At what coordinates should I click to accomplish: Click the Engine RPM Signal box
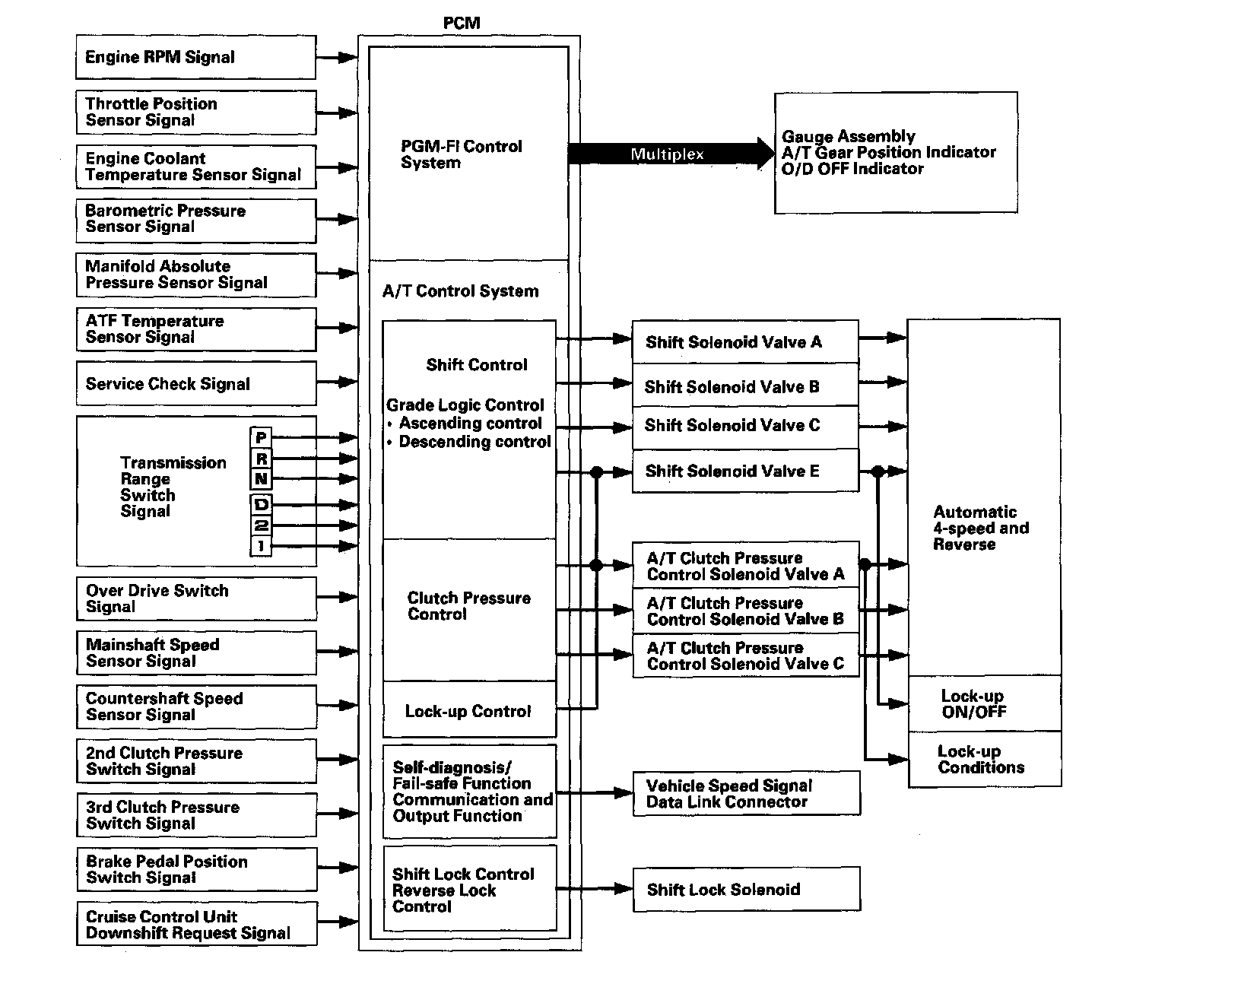coord(195,57)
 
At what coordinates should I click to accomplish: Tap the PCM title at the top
coord(462,23)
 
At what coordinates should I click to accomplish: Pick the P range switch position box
coord(261,437)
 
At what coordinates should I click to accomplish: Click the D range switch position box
coord(261,504)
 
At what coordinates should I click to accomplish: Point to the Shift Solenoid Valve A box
coord(745,342)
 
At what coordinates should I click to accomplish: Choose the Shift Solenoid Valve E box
coord(745,471)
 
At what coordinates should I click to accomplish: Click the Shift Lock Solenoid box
coord(746,890)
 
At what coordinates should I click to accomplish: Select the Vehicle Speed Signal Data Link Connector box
coord(746,794)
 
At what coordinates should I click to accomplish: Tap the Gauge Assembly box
coord(895,153)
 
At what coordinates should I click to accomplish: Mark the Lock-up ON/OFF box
coord(984,704)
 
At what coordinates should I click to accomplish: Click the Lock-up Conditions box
coord(984,760)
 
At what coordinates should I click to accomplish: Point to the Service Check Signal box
coord(195,384)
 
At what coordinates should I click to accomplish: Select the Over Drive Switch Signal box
coord(195,598)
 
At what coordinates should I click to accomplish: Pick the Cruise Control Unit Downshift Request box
coord(195,925)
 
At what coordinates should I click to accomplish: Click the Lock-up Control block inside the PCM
coord(468,711)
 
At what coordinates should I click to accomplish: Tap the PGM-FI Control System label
coord(462,154)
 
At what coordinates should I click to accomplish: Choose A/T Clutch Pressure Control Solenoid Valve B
coord(745,611)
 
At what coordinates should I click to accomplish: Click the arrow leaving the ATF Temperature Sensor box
coord(336,329)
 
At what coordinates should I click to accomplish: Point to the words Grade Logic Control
coord(465,405)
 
